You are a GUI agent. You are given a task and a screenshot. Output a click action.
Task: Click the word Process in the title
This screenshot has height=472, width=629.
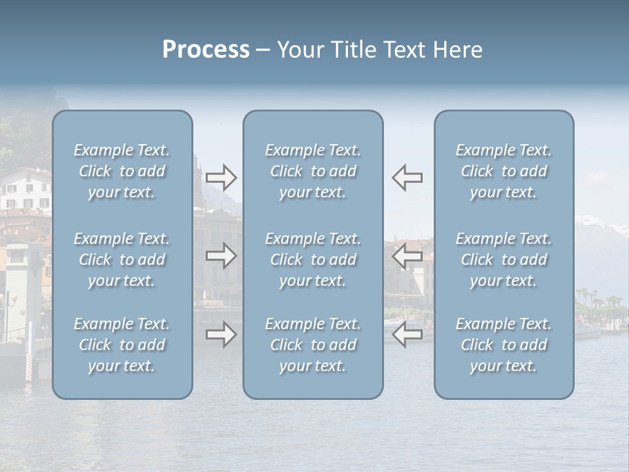206,50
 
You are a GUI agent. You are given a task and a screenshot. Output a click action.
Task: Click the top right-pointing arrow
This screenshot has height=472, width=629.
221,178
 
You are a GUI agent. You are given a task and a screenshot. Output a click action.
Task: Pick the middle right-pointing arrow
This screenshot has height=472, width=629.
221,256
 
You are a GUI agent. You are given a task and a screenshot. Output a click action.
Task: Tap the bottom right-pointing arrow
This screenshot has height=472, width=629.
221,334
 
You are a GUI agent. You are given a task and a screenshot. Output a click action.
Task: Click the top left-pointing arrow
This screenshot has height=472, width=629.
407,178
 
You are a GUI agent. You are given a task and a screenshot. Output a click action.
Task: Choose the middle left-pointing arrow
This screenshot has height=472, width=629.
407,256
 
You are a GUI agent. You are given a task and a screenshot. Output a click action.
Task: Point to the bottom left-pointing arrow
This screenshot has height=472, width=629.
407,334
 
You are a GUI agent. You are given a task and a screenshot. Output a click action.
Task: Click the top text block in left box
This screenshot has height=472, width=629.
122,171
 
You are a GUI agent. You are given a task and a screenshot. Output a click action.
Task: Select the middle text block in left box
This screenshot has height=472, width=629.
122,260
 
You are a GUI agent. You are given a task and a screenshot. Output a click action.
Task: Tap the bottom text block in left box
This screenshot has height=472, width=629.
122,345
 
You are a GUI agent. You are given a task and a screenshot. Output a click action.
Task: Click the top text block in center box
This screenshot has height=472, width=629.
313,171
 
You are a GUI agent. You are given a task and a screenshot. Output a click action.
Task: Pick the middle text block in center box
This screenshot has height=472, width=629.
313,260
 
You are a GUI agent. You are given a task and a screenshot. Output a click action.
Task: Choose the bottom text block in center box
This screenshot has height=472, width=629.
313,345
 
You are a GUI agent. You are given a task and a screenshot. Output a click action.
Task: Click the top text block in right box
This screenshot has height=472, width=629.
503,171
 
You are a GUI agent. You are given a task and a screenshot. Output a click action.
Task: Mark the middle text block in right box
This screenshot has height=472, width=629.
503,260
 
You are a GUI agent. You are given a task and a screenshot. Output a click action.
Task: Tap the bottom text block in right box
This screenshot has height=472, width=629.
503,345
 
